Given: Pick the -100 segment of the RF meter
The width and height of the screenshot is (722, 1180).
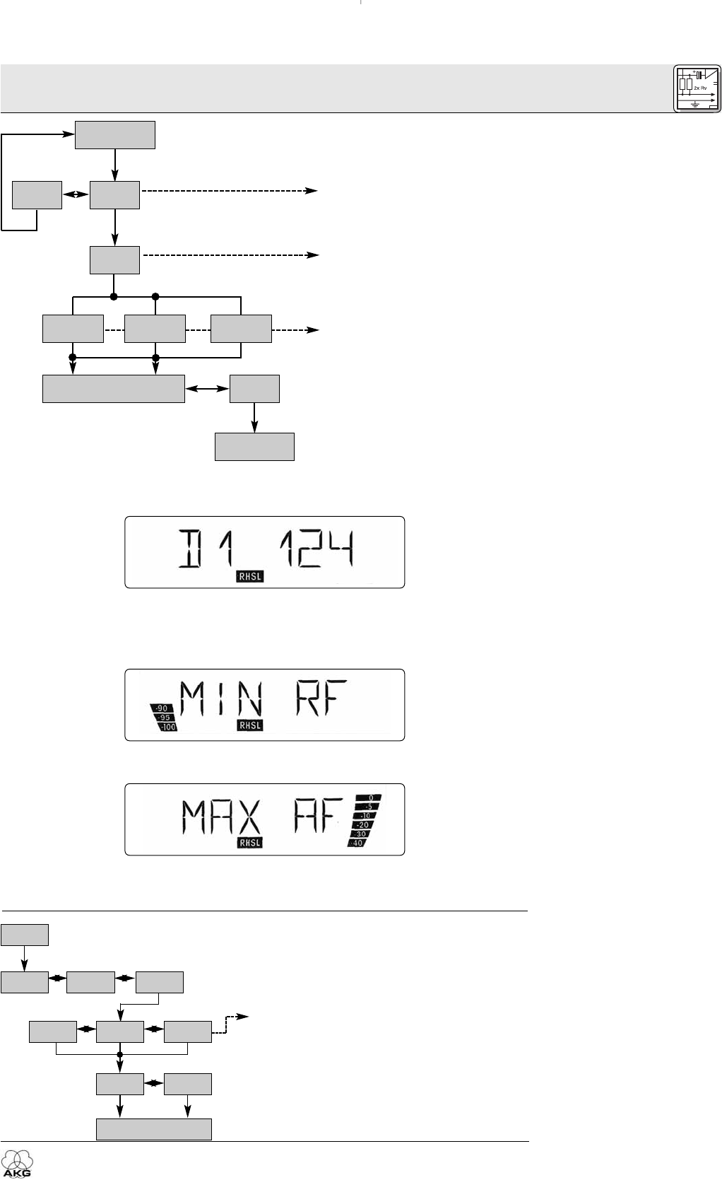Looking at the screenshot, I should pos(168,726).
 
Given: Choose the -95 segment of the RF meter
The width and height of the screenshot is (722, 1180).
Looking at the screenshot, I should pos(165,717).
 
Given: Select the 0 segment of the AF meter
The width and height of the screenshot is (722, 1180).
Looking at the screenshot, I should pos(370,798).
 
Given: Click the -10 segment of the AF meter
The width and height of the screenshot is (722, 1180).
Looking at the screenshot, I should pos(367,815).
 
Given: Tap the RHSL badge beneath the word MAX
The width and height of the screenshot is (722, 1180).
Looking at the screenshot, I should pos(249,842).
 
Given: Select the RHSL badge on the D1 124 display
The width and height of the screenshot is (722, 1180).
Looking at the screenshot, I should pos(249,577).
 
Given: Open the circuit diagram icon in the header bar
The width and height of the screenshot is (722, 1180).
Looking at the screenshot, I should pos(697,88).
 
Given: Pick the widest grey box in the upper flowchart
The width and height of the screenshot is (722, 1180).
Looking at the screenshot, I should pos(114,389).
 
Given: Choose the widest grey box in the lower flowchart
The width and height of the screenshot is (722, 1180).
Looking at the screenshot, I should pos(154,1128).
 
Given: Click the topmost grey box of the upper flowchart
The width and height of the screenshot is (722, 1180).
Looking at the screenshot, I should pos(115,134).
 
